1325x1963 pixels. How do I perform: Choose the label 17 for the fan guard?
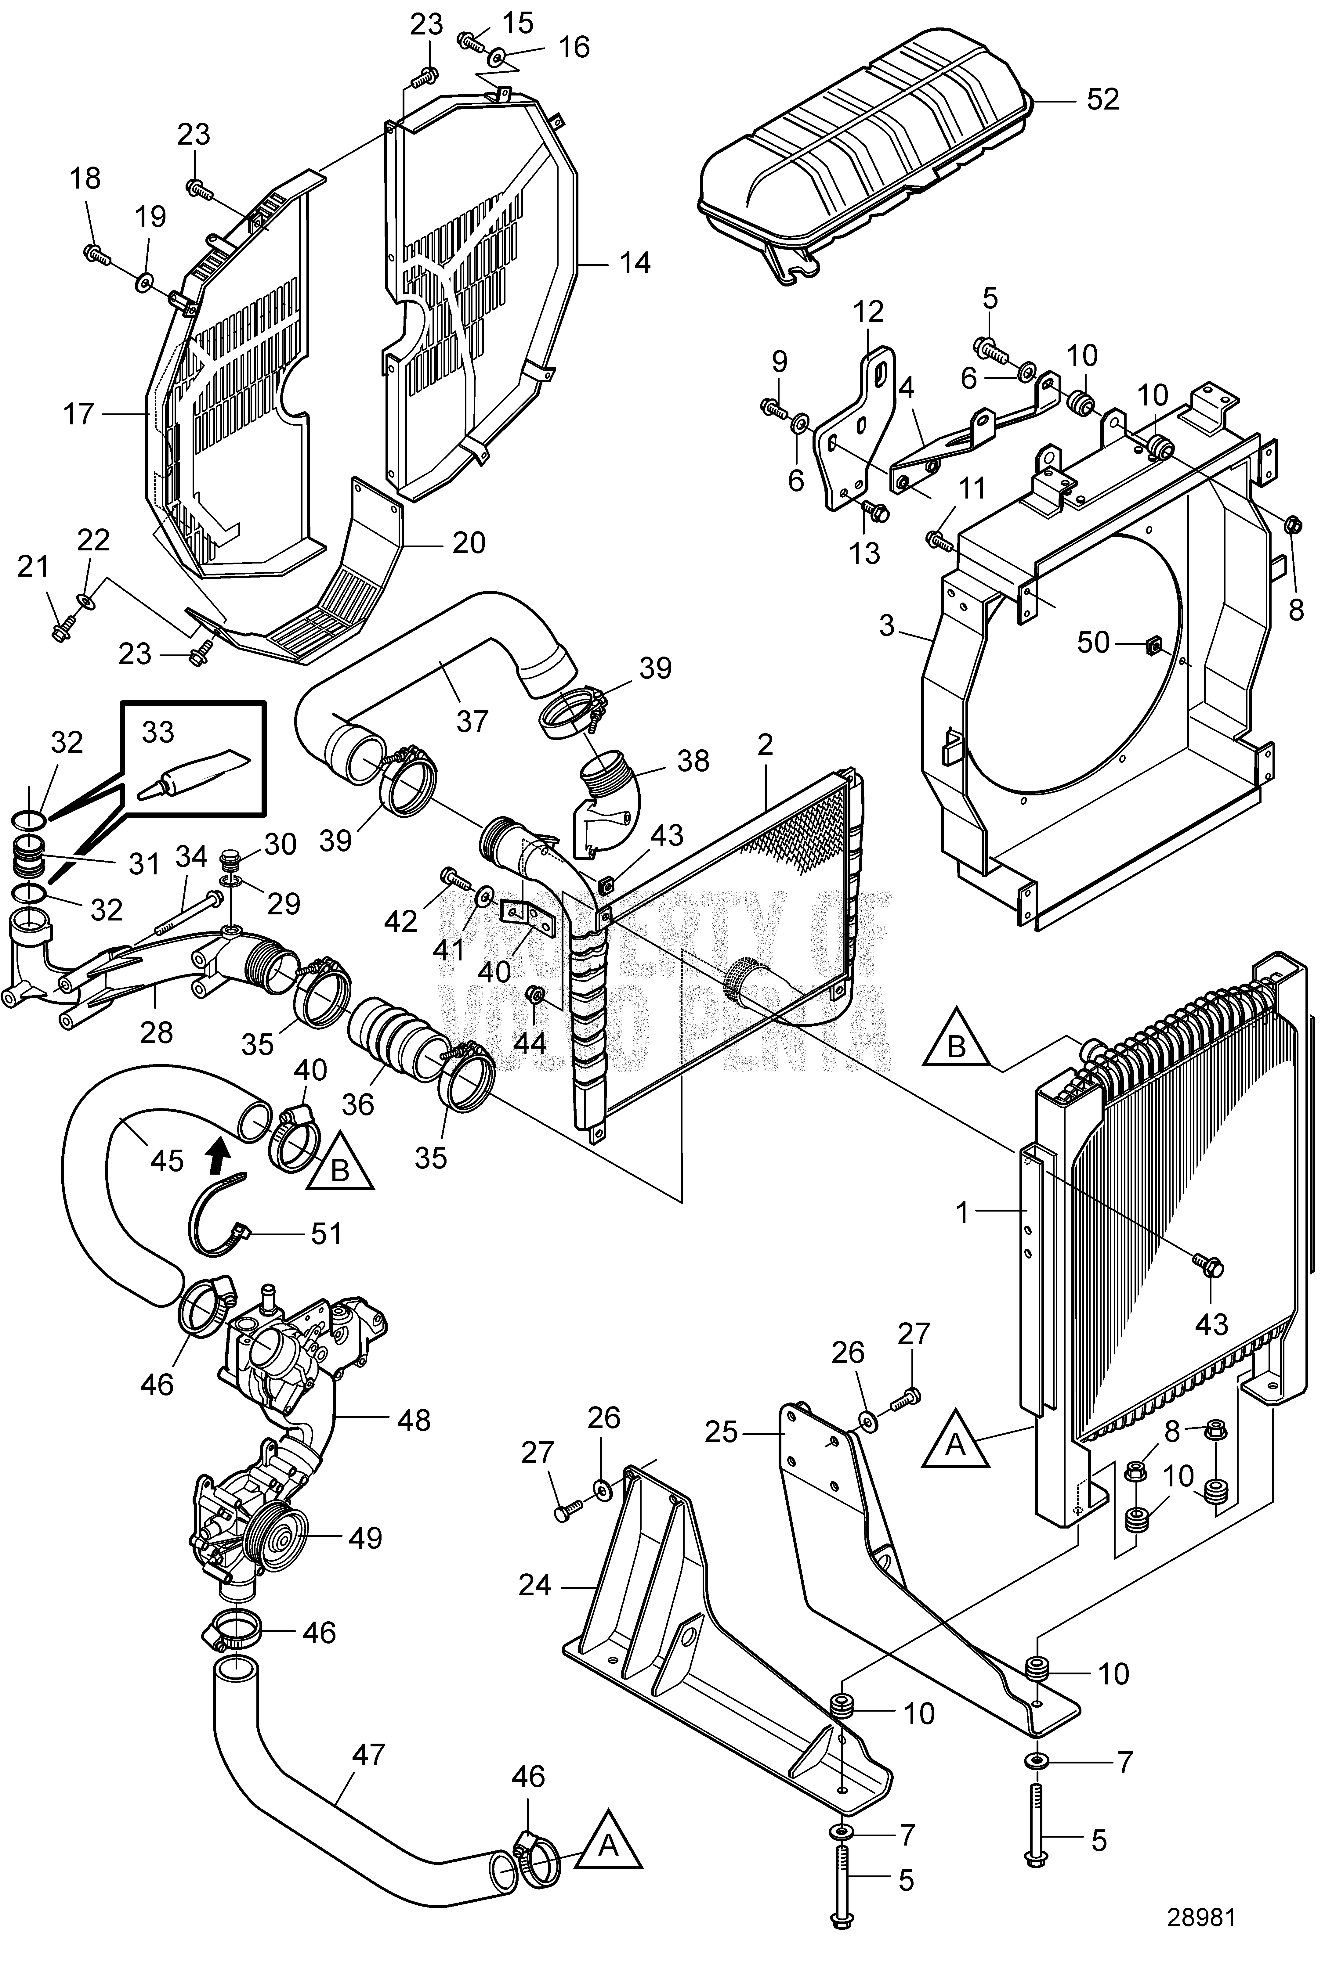78,415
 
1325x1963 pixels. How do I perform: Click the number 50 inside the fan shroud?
1093,643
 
